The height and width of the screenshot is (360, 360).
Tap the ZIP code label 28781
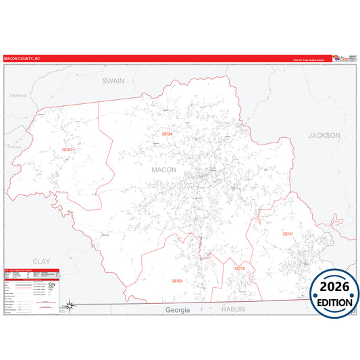coord(66,149)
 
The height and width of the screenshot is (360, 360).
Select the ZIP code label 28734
coord(167,134)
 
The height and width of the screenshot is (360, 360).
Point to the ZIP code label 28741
coord(288,234)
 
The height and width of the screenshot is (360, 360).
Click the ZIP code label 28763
coord(177,280)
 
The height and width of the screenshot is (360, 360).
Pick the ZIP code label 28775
coord(240,269)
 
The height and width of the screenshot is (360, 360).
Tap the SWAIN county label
coord(113,80)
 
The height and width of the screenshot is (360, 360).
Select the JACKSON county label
coord(324,135)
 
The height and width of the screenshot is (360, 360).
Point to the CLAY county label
coord(41,261)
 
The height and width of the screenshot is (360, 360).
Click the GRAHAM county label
coord(18,95)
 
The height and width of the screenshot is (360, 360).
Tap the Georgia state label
coord(178,309)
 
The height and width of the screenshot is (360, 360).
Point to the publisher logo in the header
coord(342,59)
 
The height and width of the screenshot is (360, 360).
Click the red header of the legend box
coord(31,271)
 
